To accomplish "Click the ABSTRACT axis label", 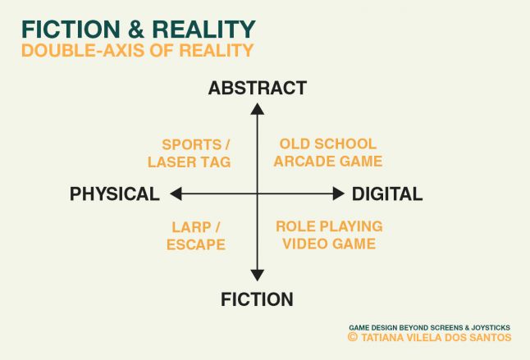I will pos(258,89).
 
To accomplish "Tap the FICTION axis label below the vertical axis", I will pos(257,299).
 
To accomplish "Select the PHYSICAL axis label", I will pos(114,194).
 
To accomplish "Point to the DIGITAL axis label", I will pos(387,194).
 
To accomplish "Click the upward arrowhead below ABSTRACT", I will pos(258,107).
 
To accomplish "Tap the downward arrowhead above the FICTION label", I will pos(258,277).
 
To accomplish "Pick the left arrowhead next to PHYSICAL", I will pos(175,194).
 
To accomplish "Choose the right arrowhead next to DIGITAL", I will pos(339,194).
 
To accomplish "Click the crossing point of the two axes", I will pos(258,194).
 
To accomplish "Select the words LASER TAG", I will pos(190,162).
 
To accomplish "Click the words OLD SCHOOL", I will pos(327,144).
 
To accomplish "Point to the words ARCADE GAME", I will pos(327,162).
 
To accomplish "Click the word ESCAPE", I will pos(198,244).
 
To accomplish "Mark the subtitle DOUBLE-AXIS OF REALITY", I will pos(137,50).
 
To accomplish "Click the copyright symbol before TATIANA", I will pos(353,337).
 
